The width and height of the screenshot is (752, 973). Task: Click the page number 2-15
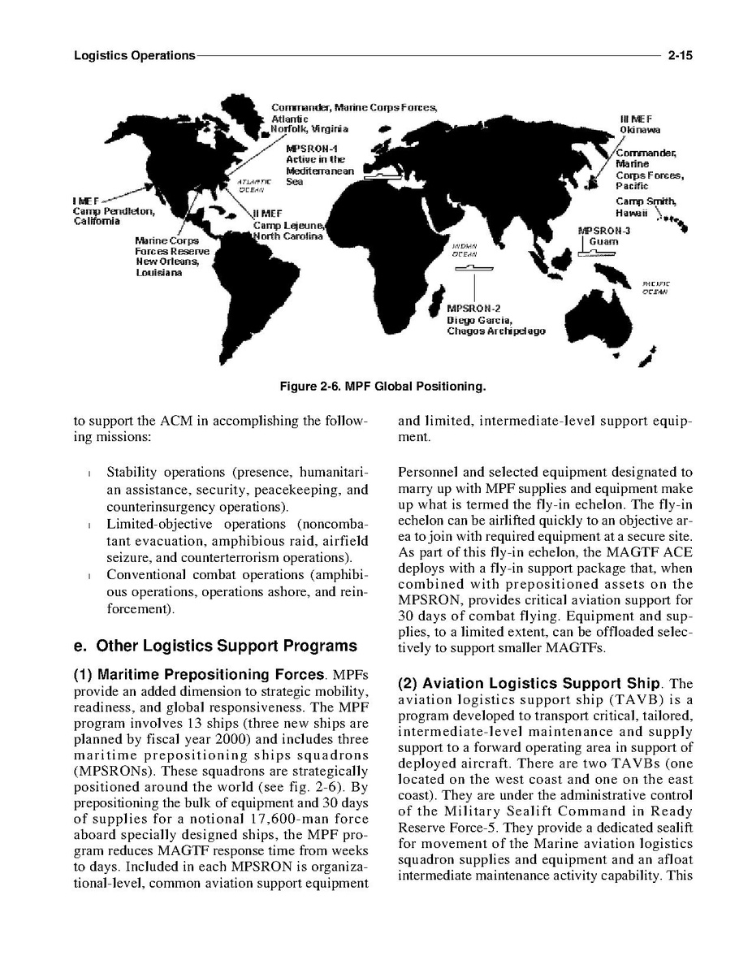[x=679, y=56]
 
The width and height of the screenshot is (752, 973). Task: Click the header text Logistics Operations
[x=134, y=56]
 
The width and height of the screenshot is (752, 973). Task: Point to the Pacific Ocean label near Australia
[x=655, y=287]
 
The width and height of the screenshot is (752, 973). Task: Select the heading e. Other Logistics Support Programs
[x=214, y=647]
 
